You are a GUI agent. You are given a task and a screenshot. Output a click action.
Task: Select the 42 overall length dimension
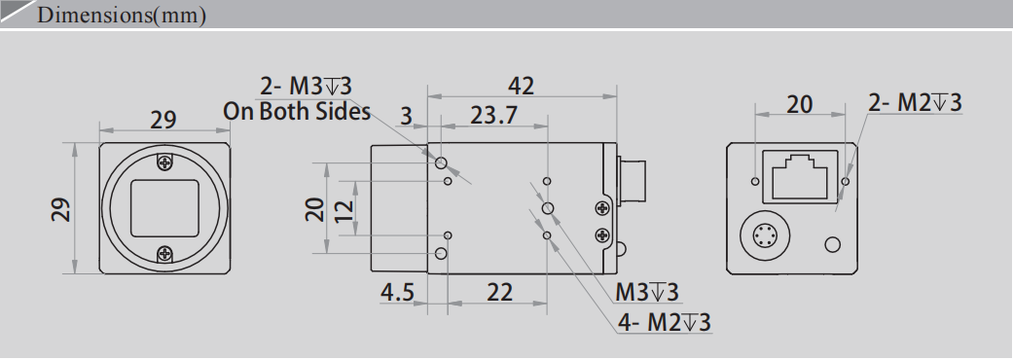pyautogui.click(x=522, y=86)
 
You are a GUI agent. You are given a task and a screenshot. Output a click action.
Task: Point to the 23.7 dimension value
pyautogui.click(x=493, y=116)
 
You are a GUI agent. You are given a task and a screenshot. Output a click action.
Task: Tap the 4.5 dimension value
pyautogui.click(x=398, y=292)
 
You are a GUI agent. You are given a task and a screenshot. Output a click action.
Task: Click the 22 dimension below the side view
pyautogui.click(x=499, y=292)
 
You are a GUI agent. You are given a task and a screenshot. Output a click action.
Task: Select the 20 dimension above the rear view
pyautogui.click(x=799, y=103)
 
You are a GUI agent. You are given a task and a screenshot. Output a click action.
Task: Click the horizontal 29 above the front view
pyautogui.click(x=163, y=120)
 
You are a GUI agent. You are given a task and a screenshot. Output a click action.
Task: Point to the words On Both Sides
pyautogui.click(x=297, y=111)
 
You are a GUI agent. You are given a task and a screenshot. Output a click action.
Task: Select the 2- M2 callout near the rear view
pyautogui.click(x=915, y=103)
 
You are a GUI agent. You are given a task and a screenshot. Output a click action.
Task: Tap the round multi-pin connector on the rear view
pyautogui.click(x=764, y=235)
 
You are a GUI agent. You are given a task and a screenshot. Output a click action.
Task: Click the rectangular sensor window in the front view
pyautogui.click(x=164, y=207)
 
